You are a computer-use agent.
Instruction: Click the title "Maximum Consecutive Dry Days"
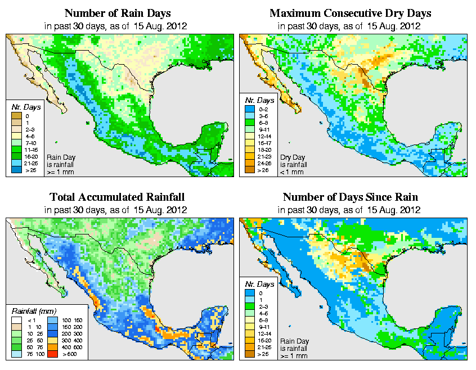350,13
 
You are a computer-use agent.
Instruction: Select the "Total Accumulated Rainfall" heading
116,197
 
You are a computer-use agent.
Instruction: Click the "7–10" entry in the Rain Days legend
24,145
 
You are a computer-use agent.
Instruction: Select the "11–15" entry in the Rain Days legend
24,151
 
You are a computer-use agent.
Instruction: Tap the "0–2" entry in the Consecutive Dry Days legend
259,109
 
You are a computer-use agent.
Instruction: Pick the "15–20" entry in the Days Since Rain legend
259,341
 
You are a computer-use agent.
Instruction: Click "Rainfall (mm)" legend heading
35,311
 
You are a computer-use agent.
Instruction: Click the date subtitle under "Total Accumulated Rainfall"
116,210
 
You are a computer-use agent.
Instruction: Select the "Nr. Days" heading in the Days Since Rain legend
261,285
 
